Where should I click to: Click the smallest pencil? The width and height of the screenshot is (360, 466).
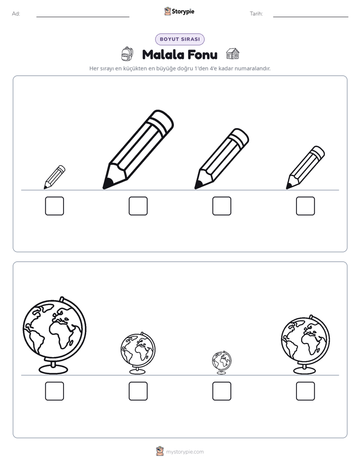pos(54,177)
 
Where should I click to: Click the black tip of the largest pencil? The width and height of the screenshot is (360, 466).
pos(107,184)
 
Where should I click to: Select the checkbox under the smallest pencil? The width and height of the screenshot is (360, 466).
pos(54,206)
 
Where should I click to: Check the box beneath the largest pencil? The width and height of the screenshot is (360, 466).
pos(138,206)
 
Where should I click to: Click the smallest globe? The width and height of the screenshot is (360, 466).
pos(221,362)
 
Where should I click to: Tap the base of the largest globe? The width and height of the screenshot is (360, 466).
pos(53,369)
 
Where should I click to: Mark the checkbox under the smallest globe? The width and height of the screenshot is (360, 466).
pos(221,391)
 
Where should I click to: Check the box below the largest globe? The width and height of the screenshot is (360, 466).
pos(54,391)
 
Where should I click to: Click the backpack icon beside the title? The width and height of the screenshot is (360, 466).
pos(127,54)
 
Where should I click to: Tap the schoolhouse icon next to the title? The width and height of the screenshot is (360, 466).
pos(232,54)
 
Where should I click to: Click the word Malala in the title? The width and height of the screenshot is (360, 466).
pos(163,54)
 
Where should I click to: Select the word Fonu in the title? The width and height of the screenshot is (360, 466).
pos(203,54)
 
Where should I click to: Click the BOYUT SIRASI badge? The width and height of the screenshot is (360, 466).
pos(179,39)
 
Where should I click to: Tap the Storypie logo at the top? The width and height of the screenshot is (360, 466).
pos(179,11)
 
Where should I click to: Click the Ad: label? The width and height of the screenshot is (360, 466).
pos(16,14)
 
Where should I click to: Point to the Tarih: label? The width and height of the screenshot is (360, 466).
pos(256,14)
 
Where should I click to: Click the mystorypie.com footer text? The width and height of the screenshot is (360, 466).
pos(185,452)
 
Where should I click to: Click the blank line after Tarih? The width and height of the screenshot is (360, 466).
pos(311,17)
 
